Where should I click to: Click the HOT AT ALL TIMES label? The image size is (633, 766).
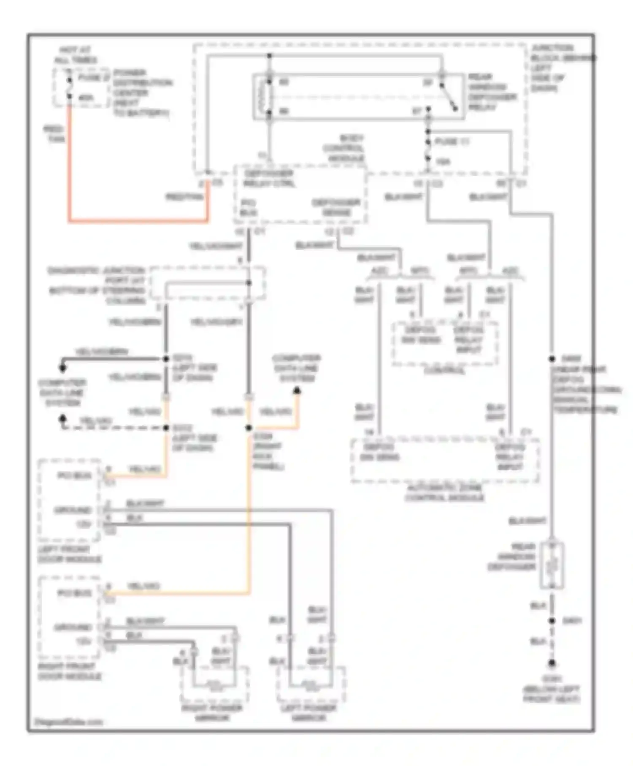[x=75, y=55]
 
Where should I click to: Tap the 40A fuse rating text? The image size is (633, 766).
[x=86, y=98]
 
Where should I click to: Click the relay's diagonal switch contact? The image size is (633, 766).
[x=449, y=97]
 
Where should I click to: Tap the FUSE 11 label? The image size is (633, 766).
[x=452, y=142]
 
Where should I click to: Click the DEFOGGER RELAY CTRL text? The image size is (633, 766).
[x=269, y=179]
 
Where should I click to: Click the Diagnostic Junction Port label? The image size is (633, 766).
[x=97, y=285]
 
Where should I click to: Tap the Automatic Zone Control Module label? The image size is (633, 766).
[x=444, y=493]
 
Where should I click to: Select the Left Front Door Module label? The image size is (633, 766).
[x=70, y=554]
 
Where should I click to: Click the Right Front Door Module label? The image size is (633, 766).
[x=70, y=671]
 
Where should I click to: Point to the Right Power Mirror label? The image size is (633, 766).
[x=212, y=713]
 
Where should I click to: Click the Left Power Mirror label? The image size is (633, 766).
[x=308, y=713]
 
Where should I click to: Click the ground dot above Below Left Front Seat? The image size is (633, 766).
[x=552, y=663]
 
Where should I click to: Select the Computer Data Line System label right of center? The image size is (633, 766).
[x=297, y=368]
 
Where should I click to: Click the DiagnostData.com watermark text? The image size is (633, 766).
[x=68, y=722]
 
